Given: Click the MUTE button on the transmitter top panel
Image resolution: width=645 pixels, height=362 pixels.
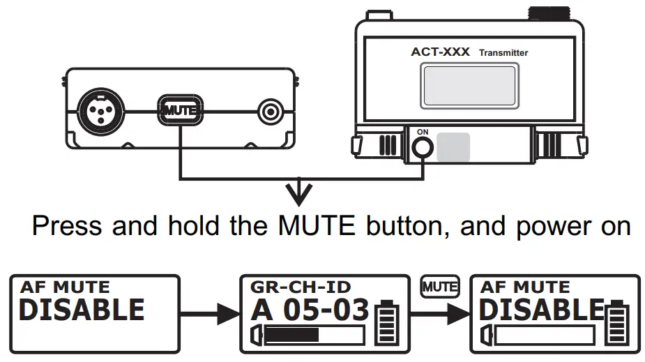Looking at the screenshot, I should (181, 110).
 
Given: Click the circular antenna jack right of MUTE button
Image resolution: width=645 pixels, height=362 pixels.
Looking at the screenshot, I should (270, 110).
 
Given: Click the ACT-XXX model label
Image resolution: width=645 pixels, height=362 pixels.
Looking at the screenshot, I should (441, 52).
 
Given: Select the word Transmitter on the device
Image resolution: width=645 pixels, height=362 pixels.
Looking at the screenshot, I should (503, 53).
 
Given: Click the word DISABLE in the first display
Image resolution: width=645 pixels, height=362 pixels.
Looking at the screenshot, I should (81, 310).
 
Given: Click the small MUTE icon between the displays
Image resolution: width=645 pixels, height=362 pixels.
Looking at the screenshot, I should (440, 285).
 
